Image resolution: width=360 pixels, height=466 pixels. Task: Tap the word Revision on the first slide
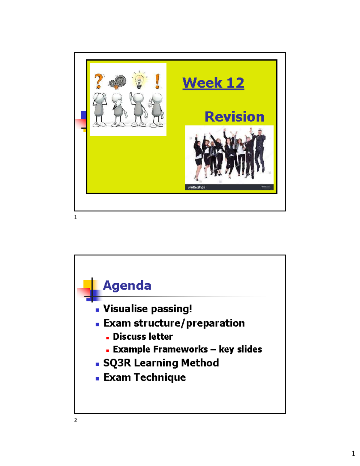(x=234, y=116)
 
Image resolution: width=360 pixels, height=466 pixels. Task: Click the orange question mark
(x=98, y=81)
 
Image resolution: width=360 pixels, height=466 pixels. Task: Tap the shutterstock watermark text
(x=196, y=187)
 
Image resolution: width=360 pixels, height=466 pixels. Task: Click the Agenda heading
(x=127, y=285)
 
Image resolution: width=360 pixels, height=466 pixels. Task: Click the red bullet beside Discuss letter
(x=107, y=338)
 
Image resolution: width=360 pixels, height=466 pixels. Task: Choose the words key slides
(x=240, y=349)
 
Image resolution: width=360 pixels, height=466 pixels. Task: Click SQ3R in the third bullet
(x=117, y=363)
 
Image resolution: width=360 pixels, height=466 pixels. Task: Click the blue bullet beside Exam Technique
(x=97, y=379)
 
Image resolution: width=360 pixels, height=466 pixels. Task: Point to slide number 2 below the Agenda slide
(x=76, y=420)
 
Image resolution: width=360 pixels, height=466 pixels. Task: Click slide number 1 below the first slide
(x=76, y=217)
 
